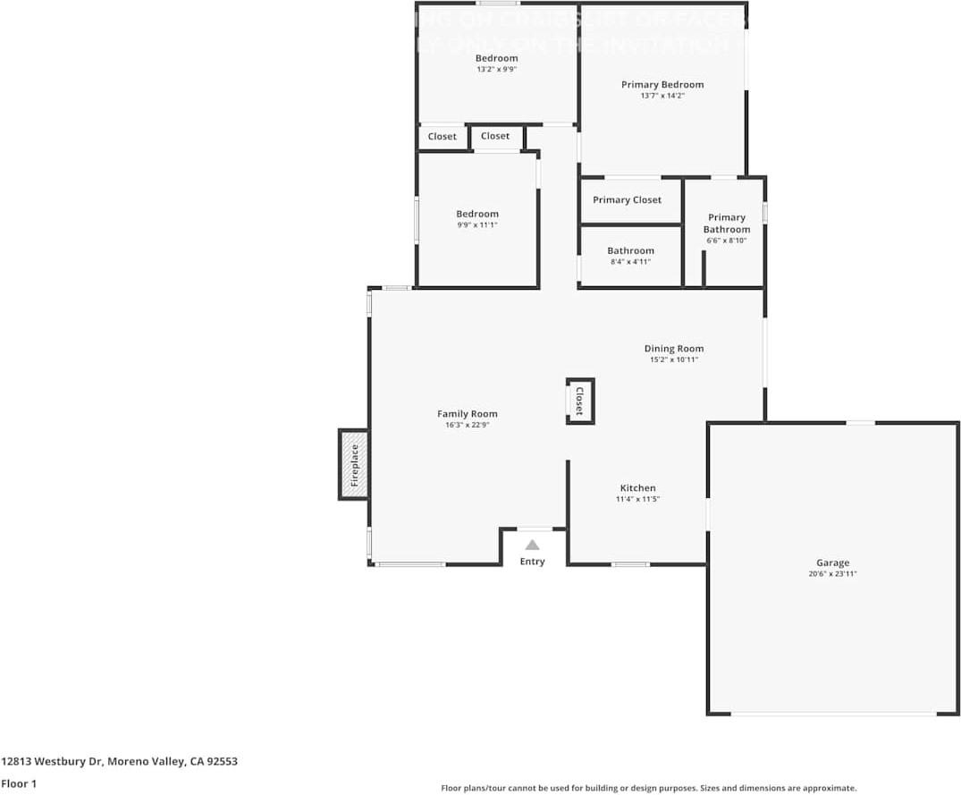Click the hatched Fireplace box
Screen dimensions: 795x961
(353, 465)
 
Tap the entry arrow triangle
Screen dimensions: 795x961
(532, 545)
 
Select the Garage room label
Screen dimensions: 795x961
(832, 562)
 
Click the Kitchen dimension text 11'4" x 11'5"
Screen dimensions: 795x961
(636, 499)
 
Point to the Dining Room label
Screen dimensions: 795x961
(673, 349)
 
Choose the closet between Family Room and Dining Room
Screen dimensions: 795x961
(579, 401)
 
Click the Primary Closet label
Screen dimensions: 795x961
(627, 199)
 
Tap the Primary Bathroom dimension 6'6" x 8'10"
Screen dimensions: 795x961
(726, 241)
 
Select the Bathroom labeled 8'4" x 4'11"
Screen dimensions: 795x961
(630, 256)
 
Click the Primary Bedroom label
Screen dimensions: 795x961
(662, 85)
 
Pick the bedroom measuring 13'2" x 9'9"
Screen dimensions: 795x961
(496, 63)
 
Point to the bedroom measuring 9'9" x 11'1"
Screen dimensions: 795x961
(476, 219)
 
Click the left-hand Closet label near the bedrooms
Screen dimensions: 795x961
(442, 137)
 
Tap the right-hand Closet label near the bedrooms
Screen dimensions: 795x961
(494, 136)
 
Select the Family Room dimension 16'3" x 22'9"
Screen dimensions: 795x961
(467, 425)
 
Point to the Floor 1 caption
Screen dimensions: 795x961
(19, 783)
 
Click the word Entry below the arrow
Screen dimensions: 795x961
(532, 562)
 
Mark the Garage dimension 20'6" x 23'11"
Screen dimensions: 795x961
(832, 574)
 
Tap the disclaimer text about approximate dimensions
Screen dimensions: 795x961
(648, 788)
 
